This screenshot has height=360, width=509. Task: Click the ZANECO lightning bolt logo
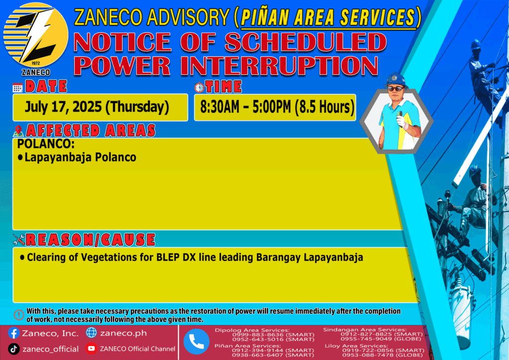point(36,35)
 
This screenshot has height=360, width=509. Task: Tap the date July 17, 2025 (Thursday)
point(97,107)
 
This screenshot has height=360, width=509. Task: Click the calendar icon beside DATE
point(17,88)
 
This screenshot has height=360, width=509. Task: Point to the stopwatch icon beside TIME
point(199,87)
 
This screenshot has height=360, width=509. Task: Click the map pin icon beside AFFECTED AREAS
point(18,131)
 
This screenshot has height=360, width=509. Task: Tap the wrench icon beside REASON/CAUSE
point(19,240)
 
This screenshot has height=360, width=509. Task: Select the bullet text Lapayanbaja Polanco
point(80,158)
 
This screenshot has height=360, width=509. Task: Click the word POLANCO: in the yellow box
point(46,144)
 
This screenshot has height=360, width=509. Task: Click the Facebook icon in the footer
point(13,333)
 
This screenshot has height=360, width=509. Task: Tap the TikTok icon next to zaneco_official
point(13,349)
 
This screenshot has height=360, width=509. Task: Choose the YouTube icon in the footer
point(91,349)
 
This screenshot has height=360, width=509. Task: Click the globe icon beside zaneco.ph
point(91,333)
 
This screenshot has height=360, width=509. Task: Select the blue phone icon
point(196,342)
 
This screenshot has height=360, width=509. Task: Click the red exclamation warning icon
point(19,315)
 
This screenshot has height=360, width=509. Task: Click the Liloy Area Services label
point(356,346)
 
